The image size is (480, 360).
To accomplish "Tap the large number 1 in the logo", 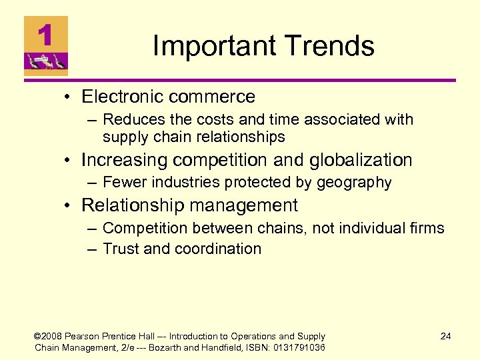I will pyautogui.click(x=45, y=35).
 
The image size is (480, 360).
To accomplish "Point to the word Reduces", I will pyautogui.click(x=131, y=120).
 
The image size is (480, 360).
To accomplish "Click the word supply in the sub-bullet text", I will pyautogui.click(x=125, y=137).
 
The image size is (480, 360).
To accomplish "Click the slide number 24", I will pyautogui.click(x=445, y=336).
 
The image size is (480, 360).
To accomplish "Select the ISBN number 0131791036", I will pyautogui.click(x=295, y=347).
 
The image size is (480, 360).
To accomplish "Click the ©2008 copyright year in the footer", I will pyautogui.click(x=49, y=336).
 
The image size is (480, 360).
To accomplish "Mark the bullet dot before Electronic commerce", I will pyautogui.click(x=69, y=97).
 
